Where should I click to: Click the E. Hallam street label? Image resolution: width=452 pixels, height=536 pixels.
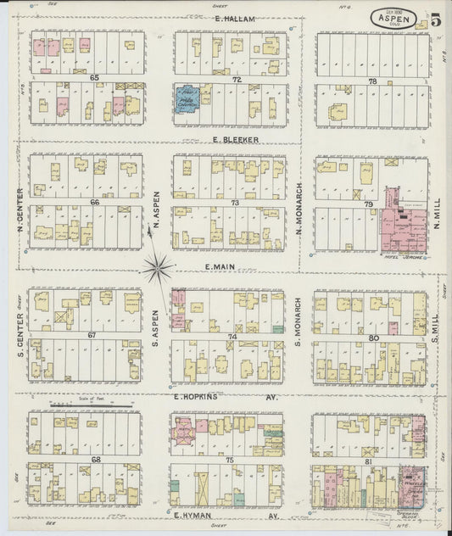229,18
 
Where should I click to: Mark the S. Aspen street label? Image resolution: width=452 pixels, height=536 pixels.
156,325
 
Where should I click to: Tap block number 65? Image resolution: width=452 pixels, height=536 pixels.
95,78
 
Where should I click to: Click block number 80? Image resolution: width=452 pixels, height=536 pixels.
374,337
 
